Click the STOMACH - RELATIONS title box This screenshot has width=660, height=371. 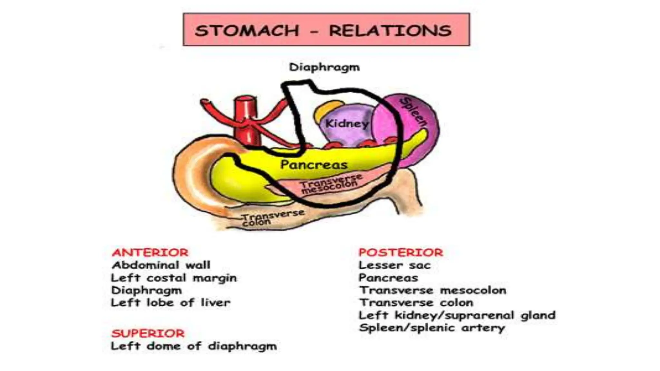pyautogui.click(x=326, y=30)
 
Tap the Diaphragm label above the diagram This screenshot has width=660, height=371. pyautogui.click(x=324, y=67)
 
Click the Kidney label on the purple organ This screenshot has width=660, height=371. pyautogui.click(x=346, y=124)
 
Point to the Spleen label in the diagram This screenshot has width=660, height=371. pyautogui.click(x=413, y=112)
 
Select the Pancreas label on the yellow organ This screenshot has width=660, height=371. pyautogui.click(x=314, y=165)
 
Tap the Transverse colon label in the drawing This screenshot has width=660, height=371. pyautogui.click(x=273, y=218)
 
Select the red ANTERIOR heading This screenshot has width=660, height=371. pyautogui.click(x=150, y=252)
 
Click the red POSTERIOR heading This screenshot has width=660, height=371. pyautogui.click(x=401, y=252)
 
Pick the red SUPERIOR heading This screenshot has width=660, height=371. pyautogui.click(x=148, y=333)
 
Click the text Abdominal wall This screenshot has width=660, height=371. pyautogui.click(x=161, y=265)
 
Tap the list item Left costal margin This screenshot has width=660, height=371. pyautogui.click(x=174, y=278)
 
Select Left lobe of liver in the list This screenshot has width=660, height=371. pyautogui.click(x=170, y=303)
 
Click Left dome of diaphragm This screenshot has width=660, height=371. pyautogui.click(x=194, y=346)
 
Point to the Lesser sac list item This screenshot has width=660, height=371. pyautogui.click(x=394, y=265)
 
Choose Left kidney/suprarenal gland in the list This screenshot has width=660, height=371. pyautogui.click(x=457, y=315)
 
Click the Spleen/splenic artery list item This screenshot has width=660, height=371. pyautogui.click(x=432, y=328)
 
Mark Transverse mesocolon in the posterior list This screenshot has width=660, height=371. pyautogui.click(x=432, y=290)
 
